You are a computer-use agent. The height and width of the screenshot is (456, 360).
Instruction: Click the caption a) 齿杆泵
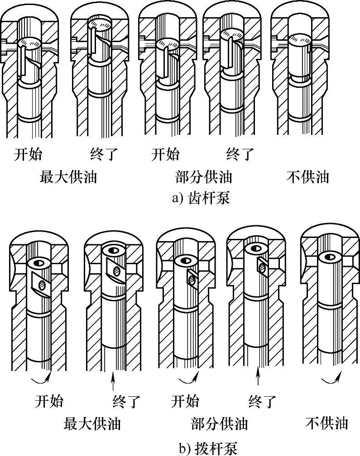[x=201, y=198]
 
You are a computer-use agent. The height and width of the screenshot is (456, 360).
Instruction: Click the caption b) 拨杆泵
[x=208, y=449]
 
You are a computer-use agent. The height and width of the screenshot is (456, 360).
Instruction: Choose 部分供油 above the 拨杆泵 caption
[x=220, y=423]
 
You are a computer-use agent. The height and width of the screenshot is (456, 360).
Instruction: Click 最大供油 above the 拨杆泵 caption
[x=92, y=423]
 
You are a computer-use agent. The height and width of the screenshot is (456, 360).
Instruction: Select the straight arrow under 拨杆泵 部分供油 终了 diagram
[x=257, y=376]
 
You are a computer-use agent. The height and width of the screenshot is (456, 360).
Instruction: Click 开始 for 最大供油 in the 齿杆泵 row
[x=28, y=154]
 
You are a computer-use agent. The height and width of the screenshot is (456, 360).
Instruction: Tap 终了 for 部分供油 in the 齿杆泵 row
[x=240, y=154]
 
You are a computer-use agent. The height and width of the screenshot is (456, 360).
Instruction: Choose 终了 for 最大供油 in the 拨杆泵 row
[x=127, y=401]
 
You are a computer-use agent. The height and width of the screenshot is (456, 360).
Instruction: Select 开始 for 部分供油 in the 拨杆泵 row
[x=185, y=401]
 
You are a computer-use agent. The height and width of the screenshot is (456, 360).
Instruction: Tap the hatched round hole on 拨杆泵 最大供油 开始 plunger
[x=42, y=284]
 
